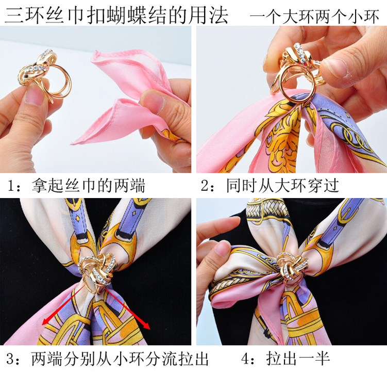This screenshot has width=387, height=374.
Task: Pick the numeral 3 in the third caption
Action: point(12,359)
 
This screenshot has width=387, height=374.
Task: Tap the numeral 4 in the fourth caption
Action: point(247,359)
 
